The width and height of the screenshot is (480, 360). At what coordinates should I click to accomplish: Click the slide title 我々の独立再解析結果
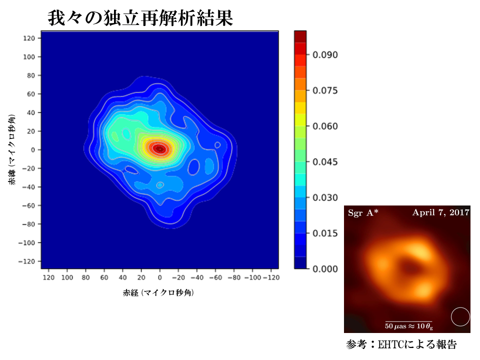coord(140,18)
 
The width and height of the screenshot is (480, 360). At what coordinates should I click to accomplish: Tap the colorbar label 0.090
coord(325,54)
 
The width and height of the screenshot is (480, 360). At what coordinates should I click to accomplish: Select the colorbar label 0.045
coord(325,162)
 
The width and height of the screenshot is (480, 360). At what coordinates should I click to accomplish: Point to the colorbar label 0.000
coord(325,269)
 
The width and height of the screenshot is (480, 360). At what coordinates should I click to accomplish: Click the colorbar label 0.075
coord(325,90)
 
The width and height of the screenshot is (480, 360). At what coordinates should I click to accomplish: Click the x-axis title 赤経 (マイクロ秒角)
coord(158,293)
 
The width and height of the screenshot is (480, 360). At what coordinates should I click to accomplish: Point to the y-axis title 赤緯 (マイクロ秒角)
coord(11,150)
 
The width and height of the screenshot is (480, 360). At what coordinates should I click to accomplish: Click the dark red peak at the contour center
coord(159,148)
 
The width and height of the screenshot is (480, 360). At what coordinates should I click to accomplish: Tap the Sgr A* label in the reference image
coord(363,213)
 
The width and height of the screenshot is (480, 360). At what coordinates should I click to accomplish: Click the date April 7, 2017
coord(440,212)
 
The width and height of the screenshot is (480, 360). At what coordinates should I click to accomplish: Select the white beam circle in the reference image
coord(460,317)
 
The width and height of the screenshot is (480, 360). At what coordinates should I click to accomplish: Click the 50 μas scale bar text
coord(408,326)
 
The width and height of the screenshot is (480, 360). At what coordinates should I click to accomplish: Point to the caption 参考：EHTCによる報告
coord(401,345)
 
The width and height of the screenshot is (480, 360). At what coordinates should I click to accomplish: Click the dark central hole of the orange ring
coord(411,268)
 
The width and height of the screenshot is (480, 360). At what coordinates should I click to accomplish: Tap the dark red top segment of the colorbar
coord(300,35)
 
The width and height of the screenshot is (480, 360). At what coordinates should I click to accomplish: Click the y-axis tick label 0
coord(32,149)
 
